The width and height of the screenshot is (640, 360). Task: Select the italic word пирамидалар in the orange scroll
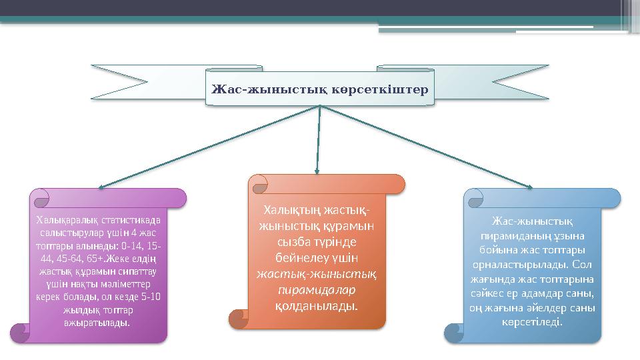pos(317,290)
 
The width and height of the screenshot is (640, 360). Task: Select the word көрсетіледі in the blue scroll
pos(531,321)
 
